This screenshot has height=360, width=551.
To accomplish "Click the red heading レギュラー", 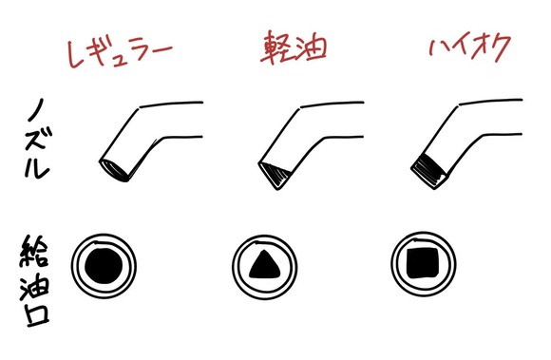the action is tap(120, 52).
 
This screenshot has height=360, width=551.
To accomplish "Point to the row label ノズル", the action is tap(38, 139).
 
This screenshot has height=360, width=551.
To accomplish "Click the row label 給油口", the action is tap(34, 280).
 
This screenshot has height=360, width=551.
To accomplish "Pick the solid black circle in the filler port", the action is tap(104, 266).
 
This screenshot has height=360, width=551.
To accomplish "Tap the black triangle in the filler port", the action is tap(264, 265).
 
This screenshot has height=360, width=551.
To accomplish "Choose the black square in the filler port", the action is tap(423, 263).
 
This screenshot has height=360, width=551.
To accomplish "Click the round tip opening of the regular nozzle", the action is tap(114, 171).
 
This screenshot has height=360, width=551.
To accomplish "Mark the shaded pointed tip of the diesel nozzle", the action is tap(275, 176).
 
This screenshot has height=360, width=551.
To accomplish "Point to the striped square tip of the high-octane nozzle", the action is tap(429, 171).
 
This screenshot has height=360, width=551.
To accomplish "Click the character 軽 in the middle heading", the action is tap(275, 47).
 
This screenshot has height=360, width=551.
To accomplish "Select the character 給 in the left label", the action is tap(34, 251).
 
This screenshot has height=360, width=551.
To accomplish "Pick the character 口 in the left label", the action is tap(36, 314).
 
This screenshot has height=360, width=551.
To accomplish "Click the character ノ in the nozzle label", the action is tap(36, 109).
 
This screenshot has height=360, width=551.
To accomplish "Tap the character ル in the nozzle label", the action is tap(37, 166).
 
